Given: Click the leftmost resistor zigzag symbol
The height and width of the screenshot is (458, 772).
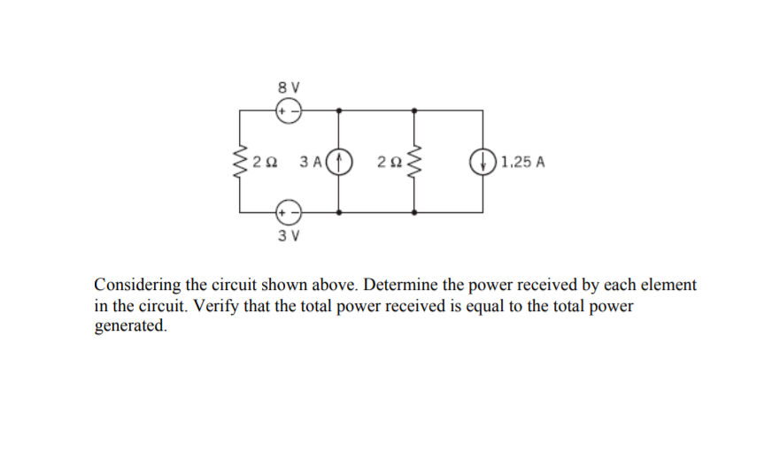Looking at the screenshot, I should (239, 162).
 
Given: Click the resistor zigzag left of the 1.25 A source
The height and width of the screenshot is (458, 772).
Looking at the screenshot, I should (414, 162).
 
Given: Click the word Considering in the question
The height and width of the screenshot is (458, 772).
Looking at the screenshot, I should (137, 286).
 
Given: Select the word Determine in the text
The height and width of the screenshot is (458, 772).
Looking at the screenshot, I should (396, 286).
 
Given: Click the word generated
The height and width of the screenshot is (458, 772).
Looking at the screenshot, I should (129, 324).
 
